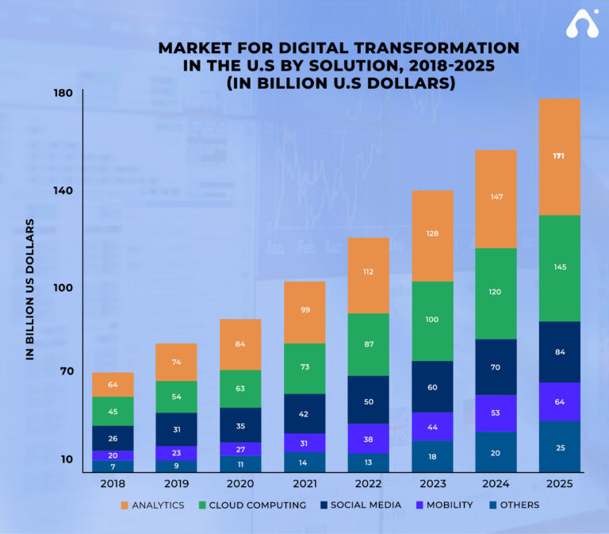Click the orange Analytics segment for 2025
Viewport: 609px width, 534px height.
[559, 156]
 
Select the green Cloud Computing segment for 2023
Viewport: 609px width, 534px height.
[432, 321]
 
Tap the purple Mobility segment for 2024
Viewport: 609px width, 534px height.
[496, 413]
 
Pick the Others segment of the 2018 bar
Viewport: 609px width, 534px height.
[113, 466]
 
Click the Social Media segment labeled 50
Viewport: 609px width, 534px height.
[369, 402]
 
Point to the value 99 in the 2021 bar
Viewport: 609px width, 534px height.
[305, 310]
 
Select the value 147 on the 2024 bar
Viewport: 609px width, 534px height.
[496, 197]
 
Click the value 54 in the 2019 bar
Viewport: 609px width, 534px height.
[176, 397]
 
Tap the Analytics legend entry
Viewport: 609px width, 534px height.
[152, 505]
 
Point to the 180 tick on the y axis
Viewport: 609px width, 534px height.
[63, 94]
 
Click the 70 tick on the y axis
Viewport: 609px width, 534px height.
[65, 371]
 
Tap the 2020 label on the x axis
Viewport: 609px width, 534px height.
[240, 482]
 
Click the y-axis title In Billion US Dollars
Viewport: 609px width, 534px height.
[30, 289]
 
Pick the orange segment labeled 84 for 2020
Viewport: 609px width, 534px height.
[240, 344]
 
